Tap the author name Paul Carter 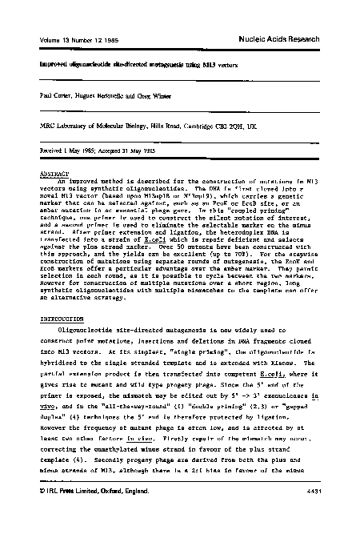pyautogui.click(x=35, y=94)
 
